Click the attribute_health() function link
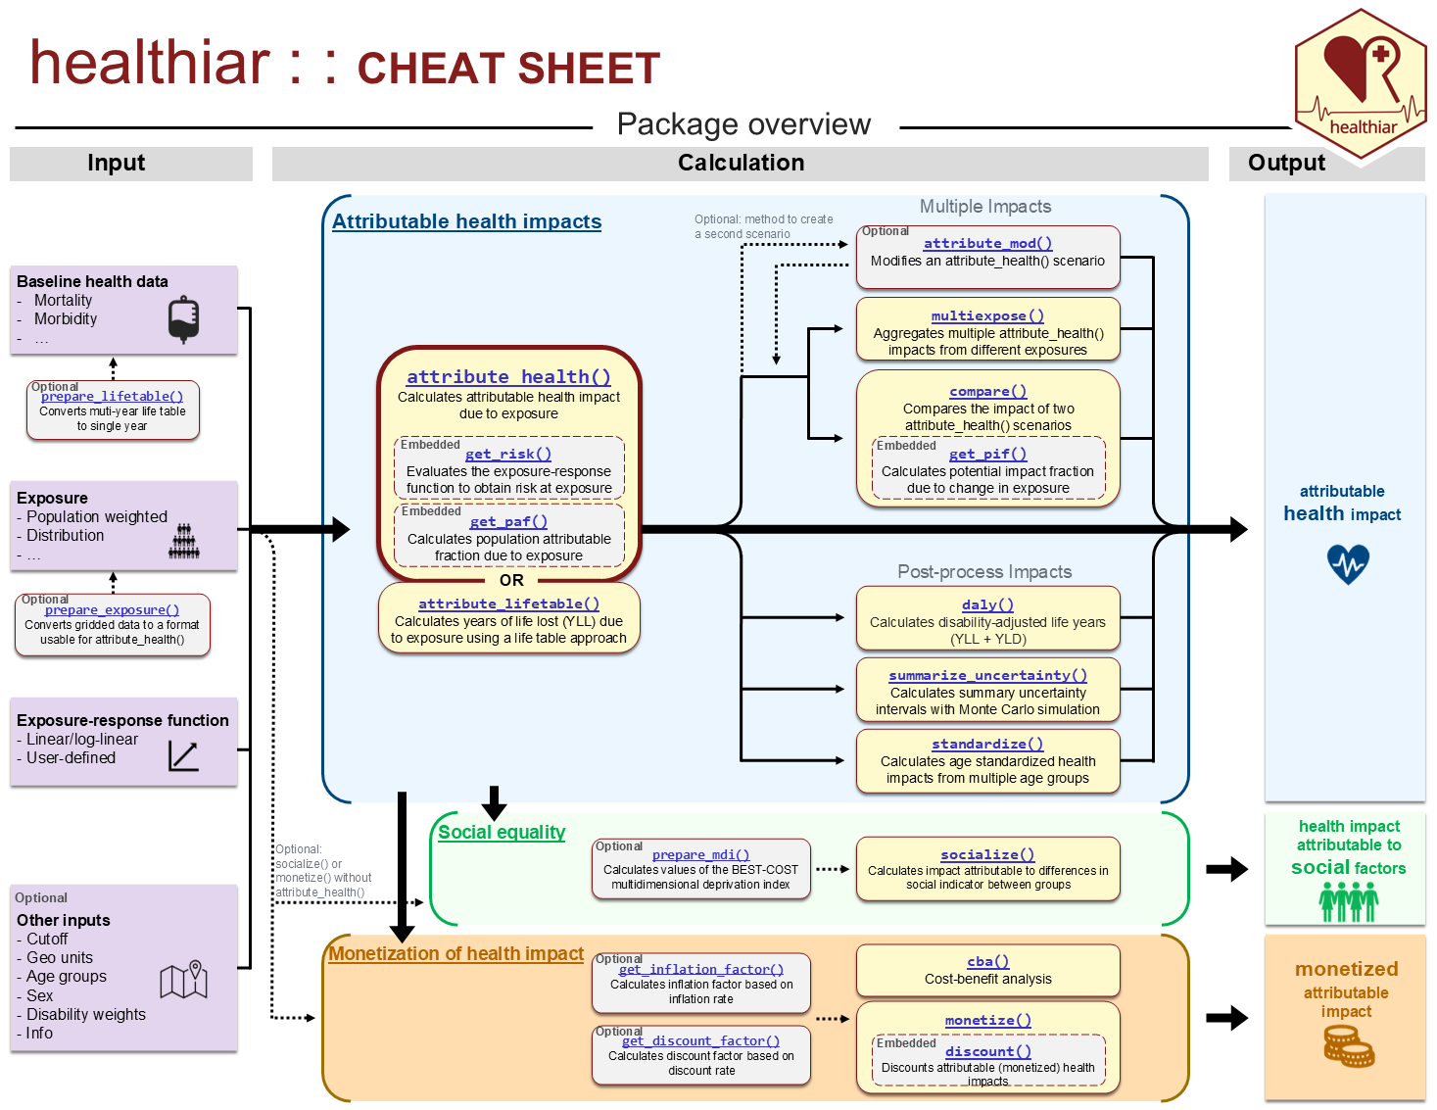tap(508, 377)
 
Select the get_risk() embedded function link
tap(507, 454)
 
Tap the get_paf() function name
tap(508, 522)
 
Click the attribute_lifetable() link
tap(508, 604)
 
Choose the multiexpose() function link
tap(987, 315)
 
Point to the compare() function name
tap(987, 391)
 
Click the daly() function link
tap(987, 604)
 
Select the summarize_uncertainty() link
tap(987, 675)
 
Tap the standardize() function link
tap(987, 744)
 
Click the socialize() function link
tap(987, 854)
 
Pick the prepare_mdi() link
tap(700, 854)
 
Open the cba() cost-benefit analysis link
tap(987, 961)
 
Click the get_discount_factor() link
tap(700, 1040)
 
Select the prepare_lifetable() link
tap(112, 396)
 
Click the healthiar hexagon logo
tap(1361, 84)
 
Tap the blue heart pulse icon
tap(1348, 564)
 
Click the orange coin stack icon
tap(1349, 1046)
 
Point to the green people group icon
tap(1348, 901)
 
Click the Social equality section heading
tap(502, 832)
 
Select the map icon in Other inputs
tap(184, 979)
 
